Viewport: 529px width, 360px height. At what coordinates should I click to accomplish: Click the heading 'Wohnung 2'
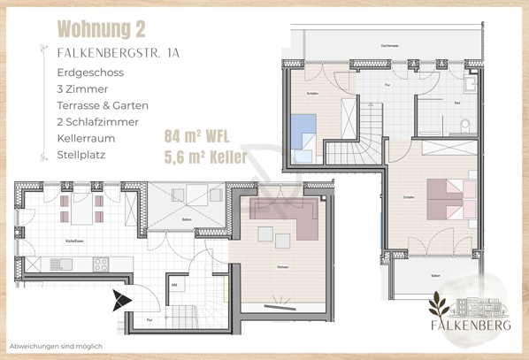[x=101, y=29]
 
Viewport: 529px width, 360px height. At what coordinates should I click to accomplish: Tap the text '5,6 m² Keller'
[x=205, y=157]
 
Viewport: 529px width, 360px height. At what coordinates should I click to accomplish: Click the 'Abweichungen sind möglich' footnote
[x=56, y=346]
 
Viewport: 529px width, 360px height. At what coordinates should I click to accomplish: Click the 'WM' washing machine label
[x=175, y=285]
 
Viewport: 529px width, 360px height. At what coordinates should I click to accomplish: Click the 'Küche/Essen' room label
[x=75, y=240]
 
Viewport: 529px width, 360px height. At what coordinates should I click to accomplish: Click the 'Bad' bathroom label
[x=457, y=103]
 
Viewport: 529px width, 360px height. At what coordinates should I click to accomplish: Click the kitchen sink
[x=62, y=264]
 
